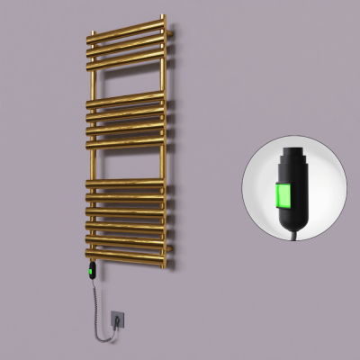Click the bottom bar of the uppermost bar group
pyautogui.click(x=126, y=55)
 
